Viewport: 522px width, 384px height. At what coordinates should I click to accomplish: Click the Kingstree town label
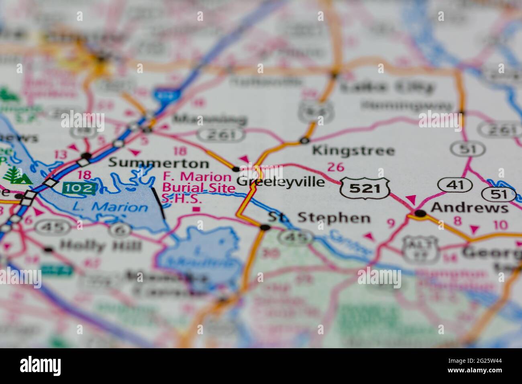[353, 151]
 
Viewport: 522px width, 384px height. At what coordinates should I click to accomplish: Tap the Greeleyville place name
[280, 182]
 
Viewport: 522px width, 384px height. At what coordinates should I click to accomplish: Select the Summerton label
[159, 163]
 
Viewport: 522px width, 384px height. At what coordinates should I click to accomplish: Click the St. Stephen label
[319, 218]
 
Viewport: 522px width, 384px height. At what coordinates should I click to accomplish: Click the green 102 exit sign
[80, 188]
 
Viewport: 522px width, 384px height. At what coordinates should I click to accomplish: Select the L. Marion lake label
[110, 207]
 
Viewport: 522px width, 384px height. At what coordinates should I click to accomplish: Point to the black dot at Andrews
[420, 214]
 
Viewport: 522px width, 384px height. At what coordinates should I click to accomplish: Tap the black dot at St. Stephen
[265, 228]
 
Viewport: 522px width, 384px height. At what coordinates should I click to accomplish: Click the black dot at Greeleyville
[236, 169]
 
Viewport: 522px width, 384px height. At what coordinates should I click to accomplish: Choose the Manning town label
[210, 119]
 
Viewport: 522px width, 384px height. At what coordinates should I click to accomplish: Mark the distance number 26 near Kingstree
[336, 166]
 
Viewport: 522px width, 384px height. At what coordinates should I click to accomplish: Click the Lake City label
[387, 86]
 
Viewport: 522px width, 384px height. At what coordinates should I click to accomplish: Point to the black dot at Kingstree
[304, 141]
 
